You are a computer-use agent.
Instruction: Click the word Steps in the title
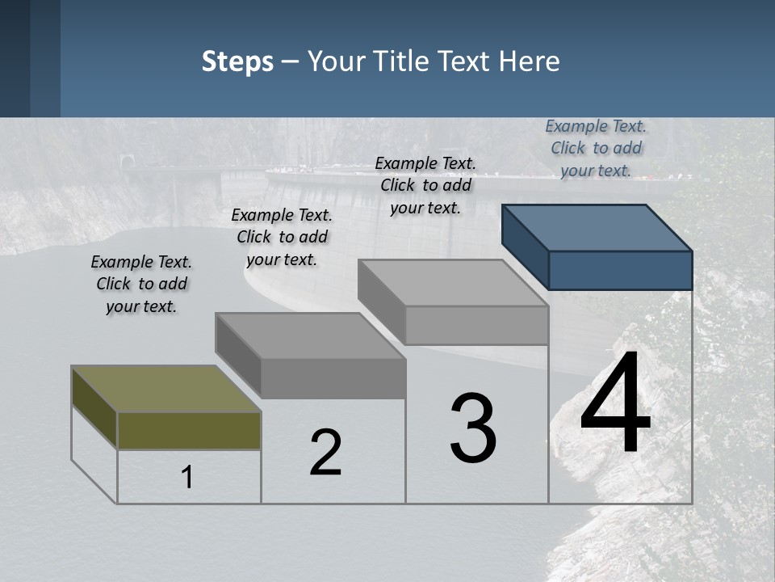click(x=237, y=61)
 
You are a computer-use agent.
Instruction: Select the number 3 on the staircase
click(x=473, y=428)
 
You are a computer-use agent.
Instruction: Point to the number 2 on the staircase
click(x=325, y=453)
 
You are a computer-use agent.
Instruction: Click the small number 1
click(x=187, y=477)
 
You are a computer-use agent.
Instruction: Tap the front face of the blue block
click(x=620, y=270)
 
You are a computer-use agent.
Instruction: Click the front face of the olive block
click(x=189, y=431)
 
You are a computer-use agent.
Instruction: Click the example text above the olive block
click(x=141, y=284)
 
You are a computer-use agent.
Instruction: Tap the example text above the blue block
click(x=596, y=148)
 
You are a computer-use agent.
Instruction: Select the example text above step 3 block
click(x=425, y=185)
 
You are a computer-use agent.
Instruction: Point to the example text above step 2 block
click(x=282, y=237)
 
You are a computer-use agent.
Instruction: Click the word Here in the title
click(x=530, y=61)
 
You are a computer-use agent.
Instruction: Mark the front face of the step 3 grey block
click(x=476, y=326)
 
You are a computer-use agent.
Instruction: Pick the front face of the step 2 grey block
click(x=333, y=378)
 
